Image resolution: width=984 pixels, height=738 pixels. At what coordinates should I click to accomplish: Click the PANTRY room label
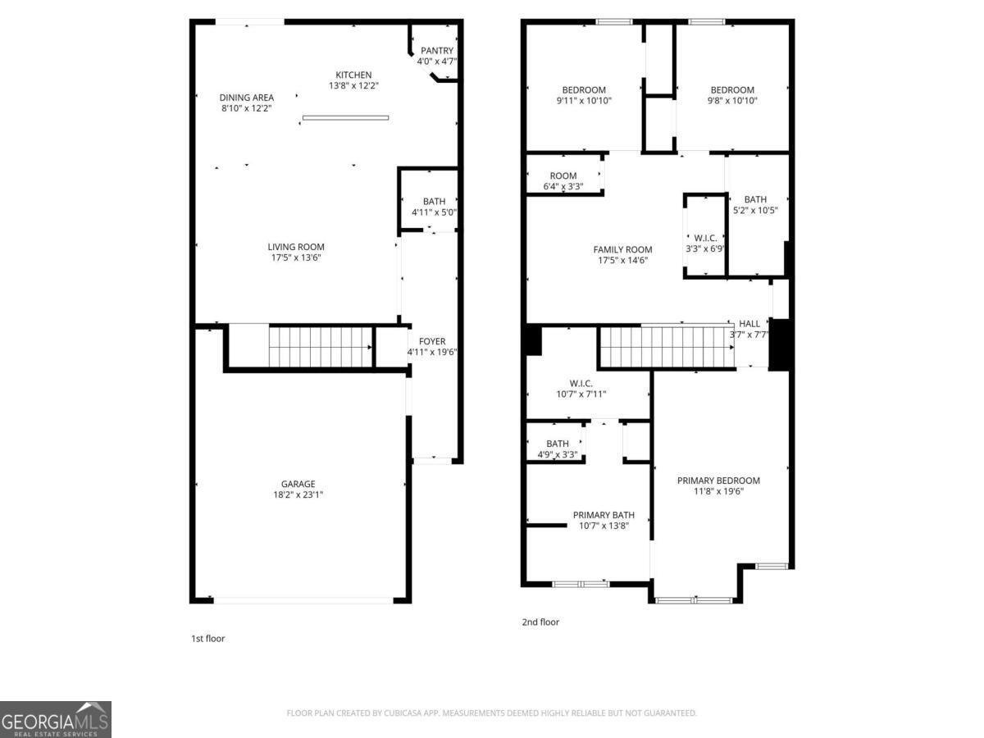pos(436,51)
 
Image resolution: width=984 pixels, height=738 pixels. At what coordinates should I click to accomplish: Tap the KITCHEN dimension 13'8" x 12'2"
pos(353,85)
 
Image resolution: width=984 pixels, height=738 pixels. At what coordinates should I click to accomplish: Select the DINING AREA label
pos(246,98)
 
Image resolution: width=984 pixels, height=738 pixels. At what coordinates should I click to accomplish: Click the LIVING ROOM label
pos(296,247)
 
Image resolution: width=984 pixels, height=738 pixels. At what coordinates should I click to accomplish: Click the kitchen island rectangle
pos(345,117)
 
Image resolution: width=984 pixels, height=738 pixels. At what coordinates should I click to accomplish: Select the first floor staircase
pos(321,347)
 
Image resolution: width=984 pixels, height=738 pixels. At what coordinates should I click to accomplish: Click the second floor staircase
pos(667,346)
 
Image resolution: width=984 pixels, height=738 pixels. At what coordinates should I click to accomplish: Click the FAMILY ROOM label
pos(622,250)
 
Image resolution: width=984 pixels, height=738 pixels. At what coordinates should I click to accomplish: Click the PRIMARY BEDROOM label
pos(718,481)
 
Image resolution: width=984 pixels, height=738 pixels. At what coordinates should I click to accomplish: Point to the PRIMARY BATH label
pos(604,515)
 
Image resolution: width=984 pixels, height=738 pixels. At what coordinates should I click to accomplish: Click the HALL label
pos(749,324)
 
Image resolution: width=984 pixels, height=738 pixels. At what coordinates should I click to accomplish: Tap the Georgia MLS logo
pos(55,719)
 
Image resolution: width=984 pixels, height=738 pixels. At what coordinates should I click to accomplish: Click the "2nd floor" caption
pos(540,622)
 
